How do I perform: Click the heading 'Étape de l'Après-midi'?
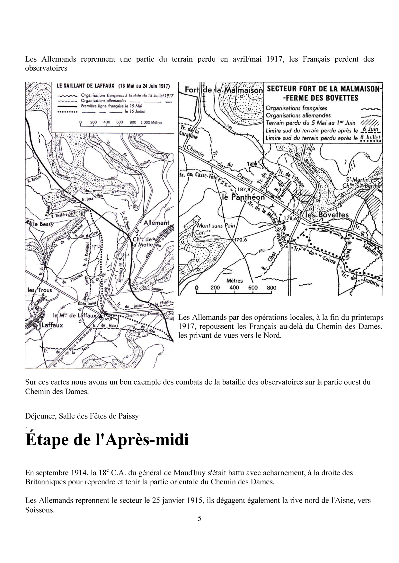coord(107,440)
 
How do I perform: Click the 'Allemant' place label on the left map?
coord(157,223)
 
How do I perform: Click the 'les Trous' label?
coord(40,290)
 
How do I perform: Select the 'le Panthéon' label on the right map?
coord(243,197)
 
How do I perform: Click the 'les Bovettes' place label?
coord(326,215)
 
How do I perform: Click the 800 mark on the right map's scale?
coord(271,288)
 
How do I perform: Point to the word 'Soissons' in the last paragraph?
coord(40,510)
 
